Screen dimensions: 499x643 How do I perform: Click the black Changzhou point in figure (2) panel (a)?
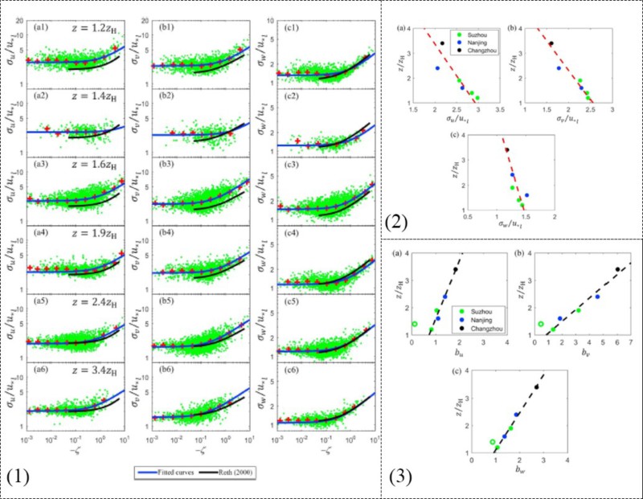(442, 43)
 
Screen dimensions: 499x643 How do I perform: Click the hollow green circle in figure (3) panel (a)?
(415, 325)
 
